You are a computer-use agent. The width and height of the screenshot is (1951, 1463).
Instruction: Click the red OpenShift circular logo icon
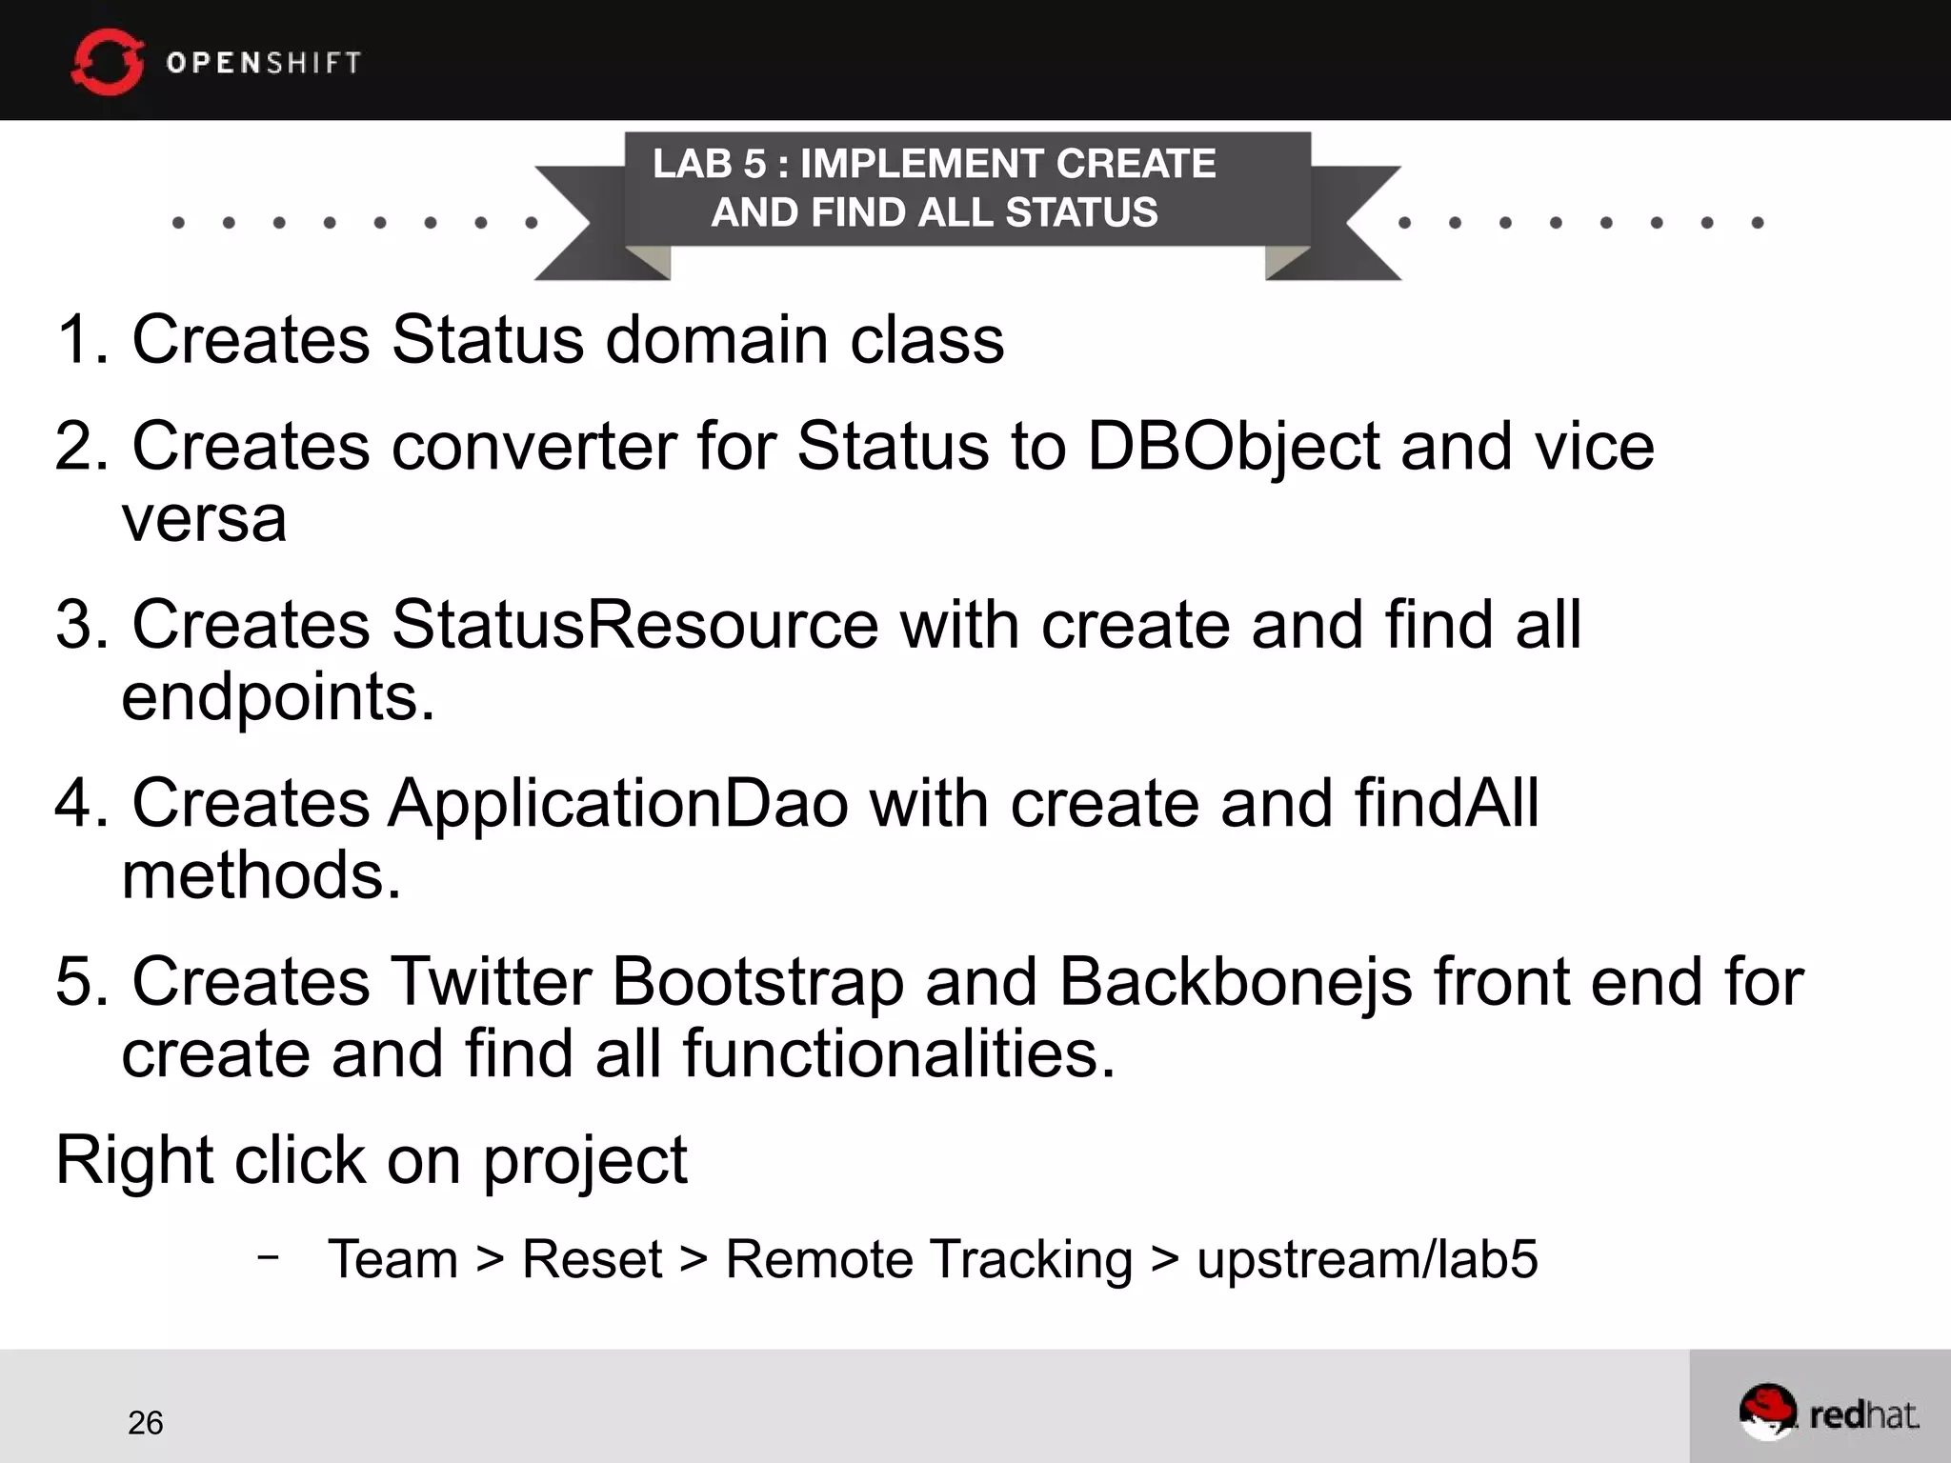(x=107, y=62)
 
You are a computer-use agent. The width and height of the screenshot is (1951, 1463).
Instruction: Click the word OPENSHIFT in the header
(x=264, y=63)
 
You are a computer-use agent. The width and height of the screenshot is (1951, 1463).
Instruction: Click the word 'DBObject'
(x=1233, y=446)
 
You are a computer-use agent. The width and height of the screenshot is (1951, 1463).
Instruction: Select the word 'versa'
(x=204, y=519)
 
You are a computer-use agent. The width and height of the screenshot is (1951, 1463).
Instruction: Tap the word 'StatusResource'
(x=634, y=625)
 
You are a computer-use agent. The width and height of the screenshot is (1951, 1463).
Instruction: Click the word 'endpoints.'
(x=278, y=697)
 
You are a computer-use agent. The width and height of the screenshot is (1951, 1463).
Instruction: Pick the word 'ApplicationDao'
(x=617, y=803)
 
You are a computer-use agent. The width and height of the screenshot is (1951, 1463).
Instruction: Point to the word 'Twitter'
(x=491, y=981)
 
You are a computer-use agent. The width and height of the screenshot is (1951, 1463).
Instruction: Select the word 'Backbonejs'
(x=1236, y=981)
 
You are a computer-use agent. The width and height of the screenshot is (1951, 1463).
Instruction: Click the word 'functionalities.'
(x=898, y=1053)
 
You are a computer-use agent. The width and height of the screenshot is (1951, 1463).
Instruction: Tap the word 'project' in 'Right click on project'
(x=585, y=1160)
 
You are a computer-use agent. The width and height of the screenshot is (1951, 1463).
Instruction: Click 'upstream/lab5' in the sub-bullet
(x=1367, y=1259)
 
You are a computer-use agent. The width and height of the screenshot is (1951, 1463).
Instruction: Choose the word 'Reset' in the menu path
(x=592, y=1259)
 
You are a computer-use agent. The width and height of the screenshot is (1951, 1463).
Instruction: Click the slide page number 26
(x=146, y=1422)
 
